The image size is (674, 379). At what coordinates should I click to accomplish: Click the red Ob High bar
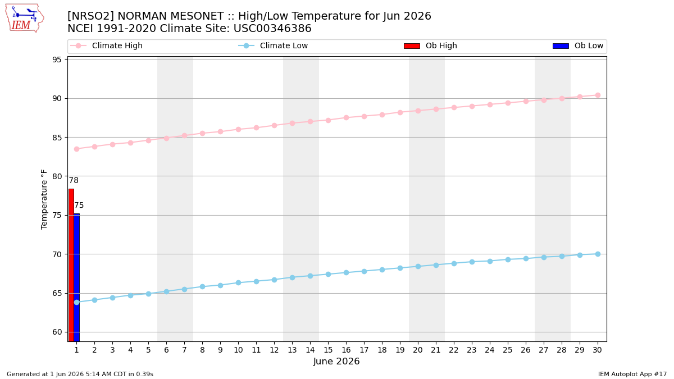pos(71,265)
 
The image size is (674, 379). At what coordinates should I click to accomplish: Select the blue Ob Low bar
pos(77,277)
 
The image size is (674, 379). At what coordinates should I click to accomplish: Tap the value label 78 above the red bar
pos(74,180)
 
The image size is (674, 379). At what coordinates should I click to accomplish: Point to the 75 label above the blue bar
pos(79,205)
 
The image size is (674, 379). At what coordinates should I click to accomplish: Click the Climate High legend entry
pos(106,45)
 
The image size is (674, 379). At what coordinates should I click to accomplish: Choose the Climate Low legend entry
pos(273,45)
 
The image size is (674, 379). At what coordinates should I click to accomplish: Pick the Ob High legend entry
pos(430,45)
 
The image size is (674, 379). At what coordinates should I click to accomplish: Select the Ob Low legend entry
pos(578,45)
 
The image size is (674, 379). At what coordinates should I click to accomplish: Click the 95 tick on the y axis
pos(57,60)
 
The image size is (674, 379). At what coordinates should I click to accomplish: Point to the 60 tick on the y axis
pos(57,332)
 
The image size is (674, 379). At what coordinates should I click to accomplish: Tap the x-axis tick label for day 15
pos(328,350)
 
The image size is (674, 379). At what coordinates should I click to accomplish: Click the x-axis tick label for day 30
pos(597,350)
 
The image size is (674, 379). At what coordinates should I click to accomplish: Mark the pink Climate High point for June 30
pos(598,95)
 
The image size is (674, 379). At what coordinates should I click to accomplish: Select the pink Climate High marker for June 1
pos(77,149)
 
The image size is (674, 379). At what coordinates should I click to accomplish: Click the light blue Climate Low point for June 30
pos(598,254)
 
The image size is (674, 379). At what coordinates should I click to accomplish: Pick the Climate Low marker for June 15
pos(328,275)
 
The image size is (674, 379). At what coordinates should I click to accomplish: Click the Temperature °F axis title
pos(44,199)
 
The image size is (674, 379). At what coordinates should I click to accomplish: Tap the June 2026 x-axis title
pos(336,361)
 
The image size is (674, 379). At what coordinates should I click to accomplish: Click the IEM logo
pos(25,18)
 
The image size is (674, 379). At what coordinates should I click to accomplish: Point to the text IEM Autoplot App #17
pos(632,374)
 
